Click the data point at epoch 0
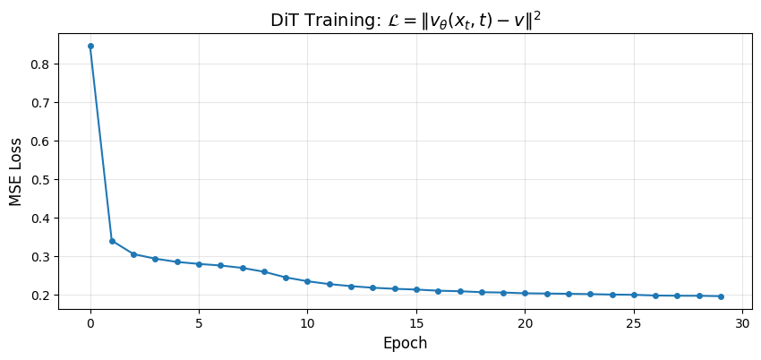pyautogui.click(x=90, y=46)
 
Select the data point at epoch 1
pyautogui.click(x=112, y=241)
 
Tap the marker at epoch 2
pyautogui.click(x=133, y=254)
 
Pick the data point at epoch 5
pyautogui.click(x=199, y=264)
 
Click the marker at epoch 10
pyautogui.click(x=307, y=281)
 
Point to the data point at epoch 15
pyautogui.click(x=416, y=289)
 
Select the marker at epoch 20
pyautogui.click(x=525, y=293)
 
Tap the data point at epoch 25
pyautogui.click(x=634, y=295)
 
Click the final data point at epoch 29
pyautogui.click(x=721, y=296)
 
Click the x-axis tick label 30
pyautogui.click(x=742, y=322)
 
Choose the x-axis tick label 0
pyautogui.click(x=90, y=322)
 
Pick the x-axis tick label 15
pyautogui.click(x=416, y=322)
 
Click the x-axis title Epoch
pyautogui.click(x=405, y=343)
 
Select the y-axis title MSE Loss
pyautogui.click(x=16, y=169)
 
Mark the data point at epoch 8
pyautogui.click(x=264, y=271)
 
